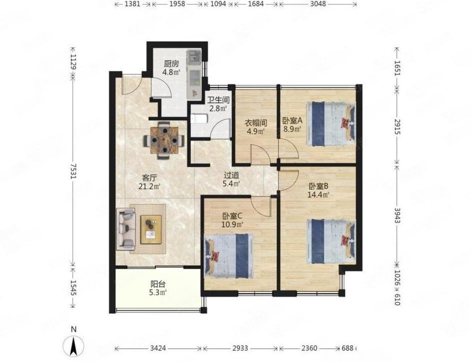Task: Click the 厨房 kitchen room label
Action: (171, 64)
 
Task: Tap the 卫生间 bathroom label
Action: (218, 100)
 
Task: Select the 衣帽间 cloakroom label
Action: (255, 123)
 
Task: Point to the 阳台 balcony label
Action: (158, 284)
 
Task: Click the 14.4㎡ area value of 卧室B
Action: (318, 194)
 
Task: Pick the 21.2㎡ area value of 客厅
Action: (149, 186)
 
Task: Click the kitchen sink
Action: (194, 58)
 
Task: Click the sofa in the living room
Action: (126, 229)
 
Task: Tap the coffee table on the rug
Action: (151, 229)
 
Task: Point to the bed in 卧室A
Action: (331, 125)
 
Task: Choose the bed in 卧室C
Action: (229, 256)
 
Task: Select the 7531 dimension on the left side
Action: (74, 171)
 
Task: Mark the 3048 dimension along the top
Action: (318, 4)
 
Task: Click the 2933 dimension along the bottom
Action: (240, 349)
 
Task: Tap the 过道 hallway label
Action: (231, 175)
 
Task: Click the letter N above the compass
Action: (74, 329)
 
